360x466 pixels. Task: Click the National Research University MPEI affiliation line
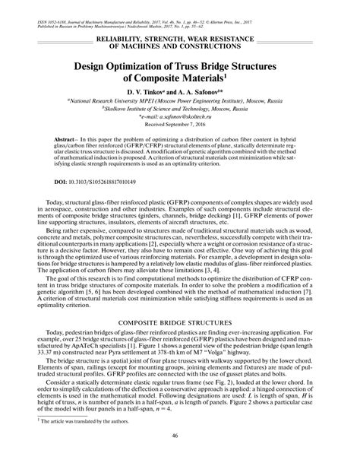click(179, 101)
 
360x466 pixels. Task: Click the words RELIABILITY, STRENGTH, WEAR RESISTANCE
click(179, 37)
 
